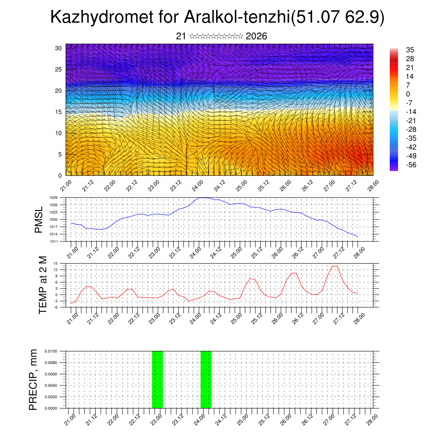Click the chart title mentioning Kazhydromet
click(217, 18)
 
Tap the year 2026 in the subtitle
click(256, 36)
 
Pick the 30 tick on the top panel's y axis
click(58, 48)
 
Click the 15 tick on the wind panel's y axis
click(58, 112)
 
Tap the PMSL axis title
click(39, 219)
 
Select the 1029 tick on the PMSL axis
click(53, 198)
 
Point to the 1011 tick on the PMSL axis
click(53, 241)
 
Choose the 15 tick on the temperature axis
click(55, 263)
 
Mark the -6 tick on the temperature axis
click(55, 307)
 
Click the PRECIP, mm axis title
click(33, 379)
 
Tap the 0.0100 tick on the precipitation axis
click(51, 351)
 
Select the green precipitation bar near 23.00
click(157, 379)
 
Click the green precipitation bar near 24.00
click(206, 379)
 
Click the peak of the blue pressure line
click(204, 198)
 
